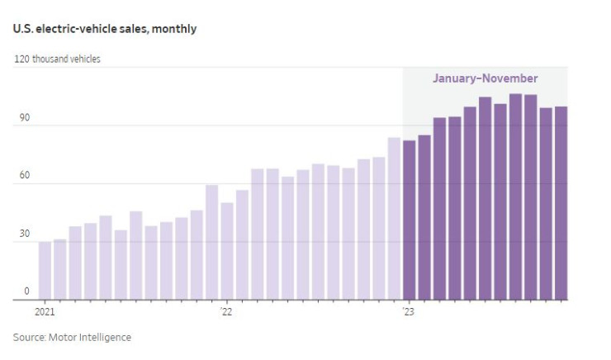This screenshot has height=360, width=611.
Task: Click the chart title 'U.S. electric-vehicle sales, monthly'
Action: [x=104, y=29]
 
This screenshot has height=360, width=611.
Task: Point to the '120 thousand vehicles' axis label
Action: [x=57, y=59]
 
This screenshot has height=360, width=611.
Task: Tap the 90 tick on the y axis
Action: [x=25, y=118]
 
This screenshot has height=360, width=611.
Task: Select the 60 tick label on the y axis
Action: [x=25, y=176]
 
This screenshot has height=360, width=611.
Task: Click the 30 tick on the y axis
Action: [x=25, y=234]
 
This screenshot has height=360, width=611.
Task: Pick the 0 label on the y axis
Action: [x=26, y=291]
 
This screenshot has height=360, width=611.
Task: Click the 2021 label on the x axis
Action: [x=45, y=312]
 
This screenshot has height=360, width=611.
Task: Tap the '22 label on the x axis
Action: [x=226, y=312]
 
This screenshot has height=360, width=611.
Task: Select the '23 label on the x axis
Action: [x=408, y=312]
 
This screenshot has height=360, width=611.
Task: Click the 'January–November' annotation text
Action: [x=485, y=78]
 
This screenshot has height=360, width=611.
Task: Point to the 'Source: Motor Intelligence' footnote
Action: [x=72, y=337]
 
